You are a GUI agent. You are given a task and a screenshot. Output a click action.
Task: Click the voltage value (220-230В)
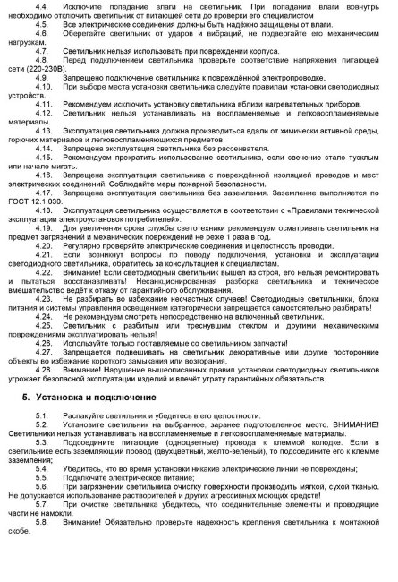41,78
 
